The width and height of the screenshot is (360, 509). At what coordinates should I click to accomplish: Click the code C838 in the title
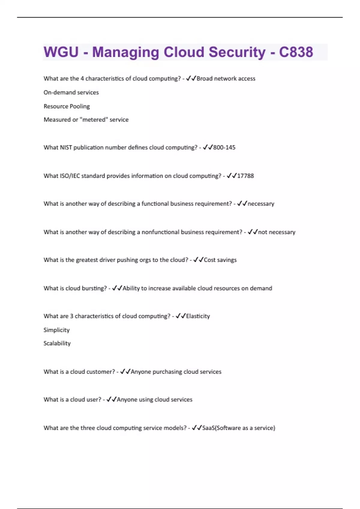pos(296,52)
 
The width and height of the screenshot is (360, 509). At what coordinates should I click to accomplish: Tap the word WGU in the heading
pos(61,52)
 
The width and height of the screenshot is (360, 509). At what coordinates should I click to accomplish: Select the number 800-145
pos(224,147)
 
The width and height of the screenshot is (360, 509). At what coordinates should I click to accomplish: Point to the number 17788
pos(245,176)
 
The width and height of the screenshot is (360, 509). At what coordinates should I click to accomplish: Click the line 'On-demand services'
pos(71,93)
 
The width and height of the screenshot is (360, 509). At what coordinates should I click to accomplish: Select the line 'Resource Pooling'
pos(67,106)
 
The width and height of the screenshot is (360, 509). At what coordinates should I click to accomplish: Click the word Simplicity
pos(56,330)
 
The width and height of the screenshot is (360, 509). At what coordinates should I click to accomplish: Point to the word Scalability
pos(57,343)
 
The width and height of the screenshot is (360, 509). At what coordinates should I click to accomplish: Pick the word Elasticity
pos(198,316)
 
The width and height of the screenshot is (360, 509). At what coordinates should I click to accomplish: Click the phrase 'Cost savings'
pos(220,260)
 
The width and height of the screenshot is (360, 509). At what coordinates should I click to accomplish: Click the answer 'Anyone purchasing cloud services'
pos(176,372)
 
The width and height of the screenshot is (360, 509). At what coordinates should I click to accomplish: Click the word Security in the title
pos(237,52)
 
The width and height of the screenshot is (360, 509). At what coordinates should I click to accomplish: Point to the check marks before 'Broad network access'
pos(191,78)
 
